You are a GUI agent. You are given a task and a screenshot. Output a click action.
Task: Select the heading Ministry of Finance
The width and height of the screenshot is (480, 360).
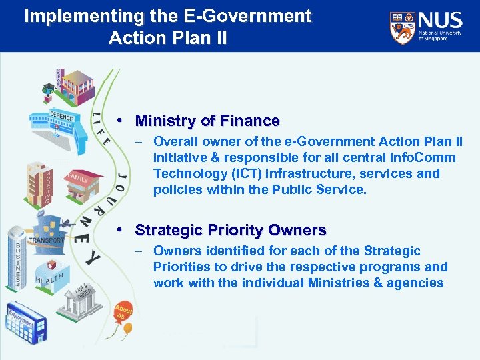click(x=207, y=121)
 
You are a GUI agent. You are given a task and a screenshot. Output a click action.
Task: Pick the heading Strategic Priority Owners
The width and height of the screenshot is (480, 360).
click(x=230, y=231)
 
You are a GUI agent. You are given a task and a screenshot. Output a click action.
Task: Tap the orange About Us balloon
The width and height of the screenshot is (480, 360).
click(x=123, y=311)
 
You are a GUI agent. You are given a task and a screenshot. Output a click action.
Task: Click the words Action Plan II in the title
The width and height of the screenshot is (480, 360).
click(x=168, y=37)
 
